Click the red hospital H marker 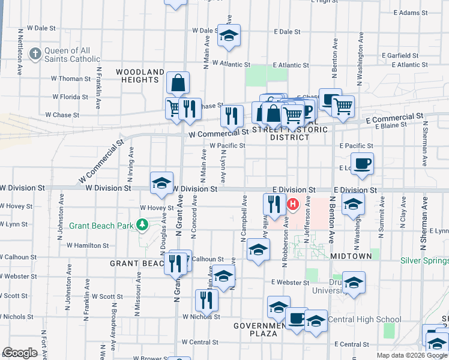click(293, 205)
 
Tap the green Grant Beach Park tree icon click(142, 226)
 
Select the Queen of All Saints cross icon click(35, 54)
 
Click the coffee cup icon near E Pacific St click(362, 164)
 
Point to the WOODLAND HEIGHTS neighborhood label click(143, 76)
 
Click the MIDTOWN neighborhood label click(351, 256)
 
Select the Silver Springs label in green click(424, 261)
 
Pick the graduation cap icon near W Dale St click(229, 35)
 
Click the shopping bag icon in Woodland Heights click(178, 83)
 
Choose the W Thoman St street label click(71, 79)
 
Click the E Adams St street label click(410, 13)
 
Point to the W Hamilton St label click(88, 245)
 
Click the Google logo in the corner click(20, 353)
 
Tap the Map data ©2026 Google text click(411, 355)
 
